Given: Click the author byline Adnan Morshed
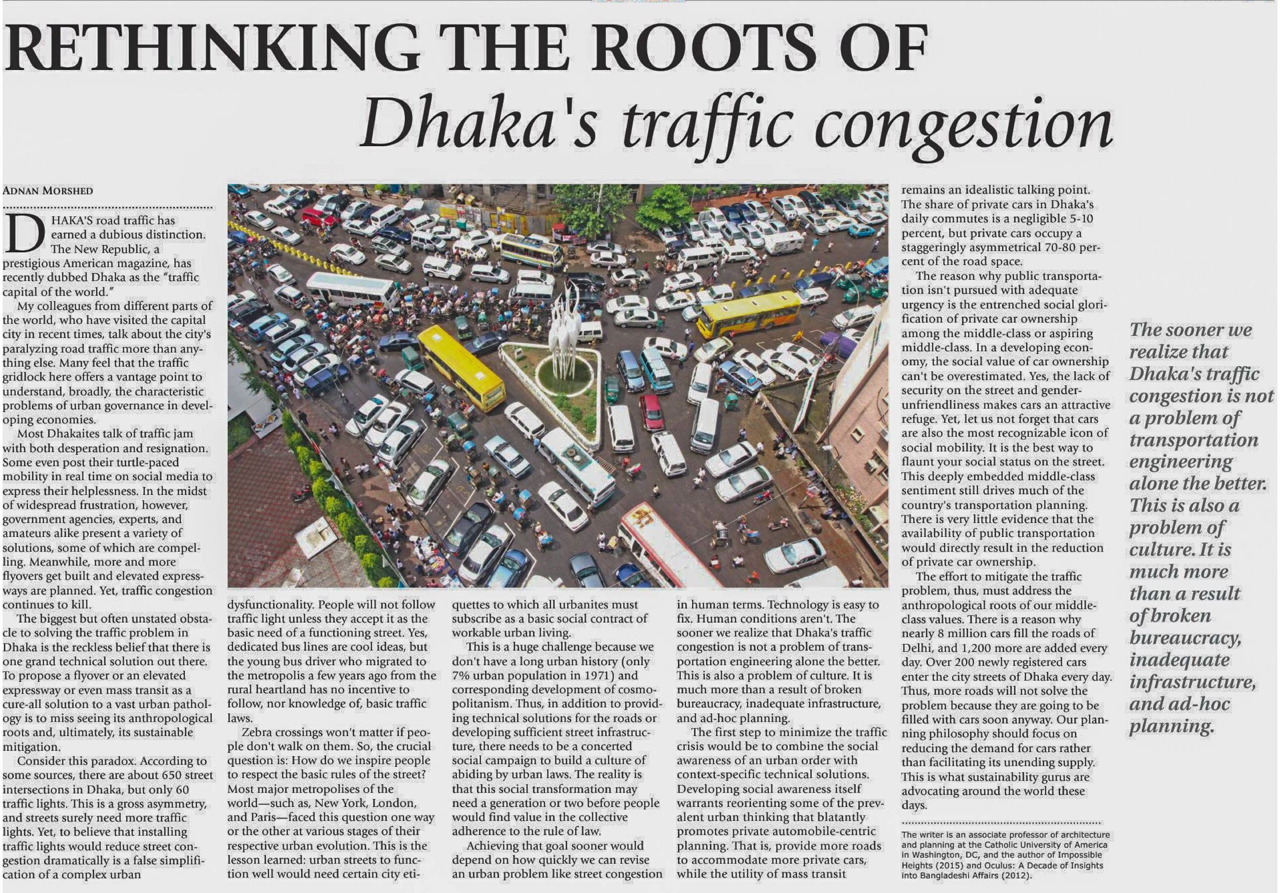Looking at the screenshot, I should (48, 190).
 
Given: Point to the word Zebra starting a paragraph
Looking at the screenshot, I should (257, 732).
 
